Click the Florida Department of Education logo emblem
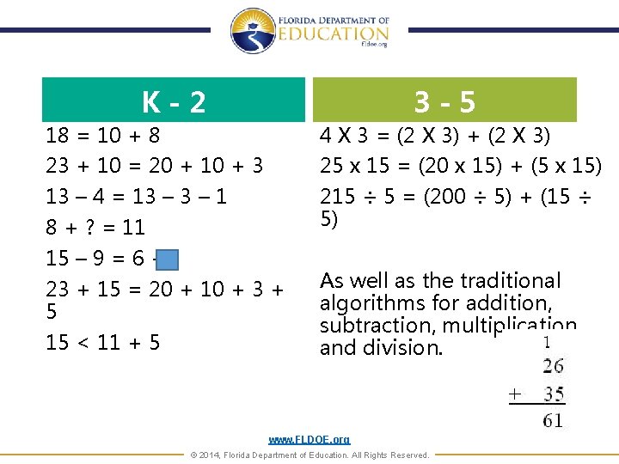(x=252, y=31)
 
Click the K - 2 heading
(x=175, y=102)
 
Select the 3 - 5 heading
(x=444, y=102)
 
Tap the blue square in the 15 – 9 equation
(x=169, y=259)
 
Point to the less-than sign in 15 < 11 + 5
(x=83, y=343)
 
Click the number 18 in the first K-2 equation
(x=57, y=136)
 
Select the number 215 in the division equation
(x=337, y=197)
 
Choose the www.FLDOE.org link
(x=309, y=440)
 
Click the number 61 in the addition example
(x=554, y=420)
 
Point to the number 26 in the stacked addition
(x=554, y=367)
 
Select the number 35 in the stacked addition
(x=554, y=394)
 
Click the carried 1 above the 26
(x=548, y=342)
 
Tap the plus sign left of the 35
(x=514, y=394)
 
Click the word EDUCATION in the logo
(x=334, y=33)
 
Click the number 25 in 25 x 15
(x=331, y=165)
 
